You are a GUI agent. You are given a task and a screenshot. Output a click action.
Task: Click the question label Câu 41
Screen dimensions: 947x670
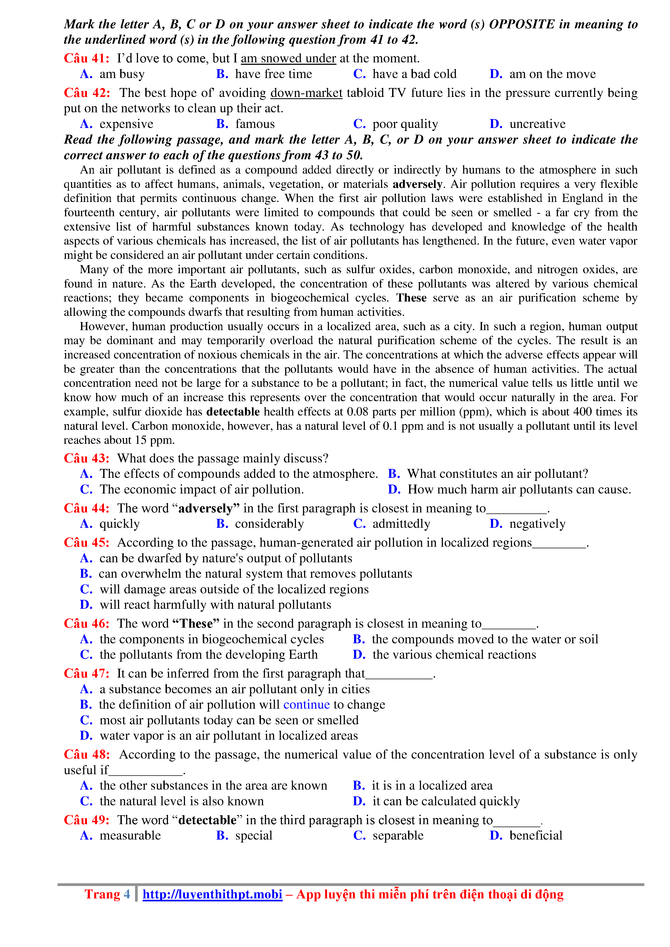tap(86, 58)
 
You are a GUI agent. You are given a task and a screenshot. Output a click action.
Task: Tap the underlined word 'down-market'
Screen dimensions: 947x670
tap(306, 93)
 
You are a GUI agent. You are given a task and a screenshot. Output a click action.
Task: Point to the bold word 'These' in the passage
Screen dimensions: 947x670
tap(411, 298)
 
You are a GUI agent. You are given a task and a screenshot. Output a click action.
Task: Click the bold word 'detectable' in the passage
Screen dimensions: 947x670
tap(233, 412)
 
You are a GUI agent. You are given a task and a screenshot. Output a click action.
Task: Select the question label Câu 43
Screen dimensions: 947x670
tap(86, 458)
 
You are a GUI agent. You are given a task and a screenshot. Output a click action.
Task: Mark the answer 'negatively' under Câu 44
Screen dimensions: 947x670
tap(537, 524)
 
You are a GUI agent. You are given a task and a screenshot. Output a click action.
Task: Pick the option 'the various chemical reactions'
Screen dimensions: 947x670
tap(454, 655)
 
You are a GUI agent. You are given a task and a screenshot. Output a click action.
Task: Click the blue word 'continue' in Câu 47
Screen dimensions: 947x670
tap(306, 705)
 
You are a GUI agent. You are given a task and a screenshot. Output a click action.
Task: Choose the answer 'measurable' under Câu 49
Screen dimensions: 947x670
tap(130, 836)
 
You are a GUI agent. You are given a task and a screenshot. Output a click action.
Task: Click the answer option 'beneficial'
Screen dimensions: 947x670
tap(536, 836)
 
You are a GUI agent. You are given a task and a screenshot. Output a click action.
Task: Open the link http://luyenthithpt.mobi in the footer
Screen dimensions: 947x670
tap(213, 894)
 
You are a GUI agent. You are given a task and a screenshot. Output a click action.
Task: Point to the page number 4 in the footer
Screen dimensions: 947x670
tap(127, 894)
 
